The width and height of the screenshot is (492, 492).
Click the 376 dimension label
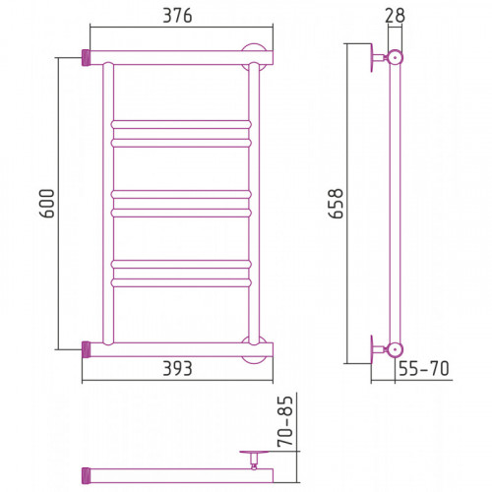177,16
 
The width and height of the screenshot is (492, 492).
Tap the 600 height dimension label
47,204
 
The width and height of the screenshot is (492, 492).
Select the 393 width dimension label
177,368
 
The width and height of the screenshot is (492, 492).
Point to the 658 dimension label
336,204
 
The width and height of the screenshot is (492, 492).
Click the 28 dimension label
395,16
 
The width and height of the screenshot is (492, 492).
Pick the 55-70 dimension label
424,368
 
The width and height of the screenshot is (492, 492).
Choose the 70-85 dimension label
284,421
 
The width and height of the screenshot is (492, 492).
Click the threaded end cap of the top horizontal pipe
86,58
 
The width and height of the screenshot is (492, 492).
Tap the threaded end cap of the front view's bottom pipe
86,349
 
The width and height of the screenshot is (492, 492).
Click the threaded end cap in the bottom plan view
86,475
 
